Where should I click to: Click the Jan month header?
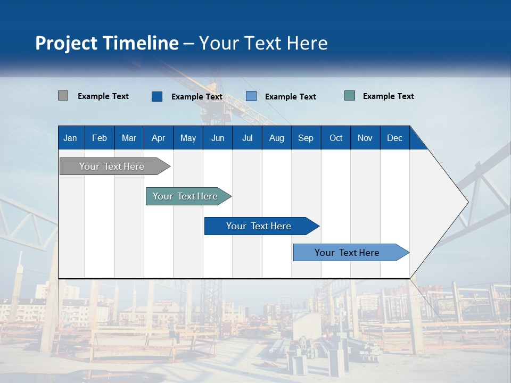pos(70,138)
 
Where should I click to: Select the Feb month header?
pos(100,138)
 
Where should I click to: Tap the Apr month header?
pos(158,138)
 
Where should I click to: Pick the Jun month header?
pos(218,138)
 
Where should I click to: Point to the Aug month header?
pos(276,138)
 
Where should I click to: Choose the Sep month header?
pos(306,138)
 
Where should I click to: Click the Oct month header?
pos(336,138)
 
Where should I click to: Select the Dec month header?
pos(394,138)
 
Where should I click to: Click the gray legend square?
pos(63,96)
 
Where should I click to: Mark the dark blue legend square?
pos(157,96)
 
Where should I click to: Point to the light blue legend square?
pos(251,96)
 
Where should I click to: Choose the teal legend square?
pos(350,96)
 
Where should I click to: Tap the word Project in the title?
pos(66,43)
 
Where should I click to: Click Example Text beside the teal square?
pos(388,96)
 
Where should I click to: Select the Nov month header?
pos(365,138)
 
